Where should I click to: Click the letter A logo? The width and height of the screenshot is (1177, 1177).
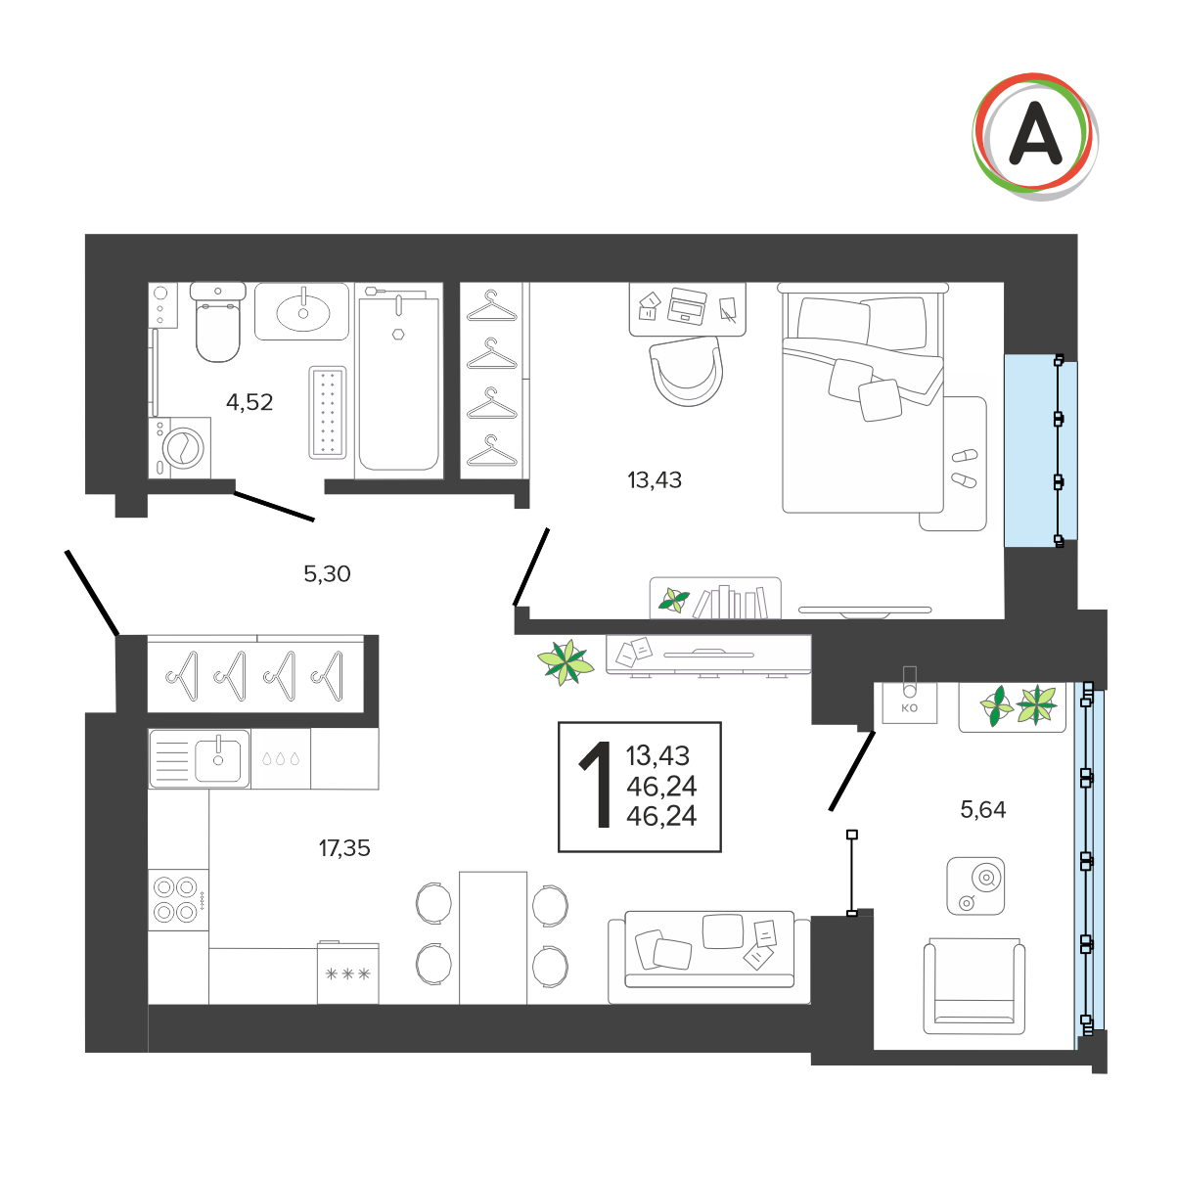pos(1034,136)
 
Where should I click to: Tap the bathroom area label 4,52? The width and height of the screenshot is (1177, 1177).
pos(249,402)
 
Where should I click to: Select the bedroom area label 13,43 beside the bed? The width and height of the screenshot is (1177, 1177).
pos(654,480)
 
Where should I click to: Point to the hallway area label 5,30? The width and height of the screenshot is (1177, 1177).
pos(327,573)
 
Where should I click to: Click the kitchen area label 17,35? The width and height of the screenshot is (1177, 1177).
pos(343,848)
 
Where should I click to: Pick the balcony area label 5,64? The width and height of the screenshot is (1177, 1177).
pos(982,809)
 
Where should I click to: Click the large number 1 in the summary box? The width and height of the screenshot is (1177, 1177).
pos(597,785)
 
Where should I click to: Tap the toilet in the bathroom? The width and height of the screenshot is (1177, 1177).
pos(217,322)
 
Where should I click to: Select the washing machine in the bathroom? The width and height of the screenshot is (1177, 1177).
pos(180,448)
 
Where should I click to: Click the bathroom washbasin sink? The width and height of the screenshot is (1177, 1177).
pos(302,312)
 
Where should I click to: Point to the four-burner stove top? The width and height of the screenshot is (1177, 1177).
pos(178,900)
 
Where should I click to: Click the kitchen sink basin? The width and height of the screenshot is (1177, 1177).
pos(217,758)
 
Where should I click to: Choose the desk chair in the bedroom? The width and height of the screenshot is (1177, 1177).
pos(687,372)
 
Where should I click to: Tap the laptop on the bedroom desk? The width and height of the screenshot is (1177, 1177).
pos(687,306)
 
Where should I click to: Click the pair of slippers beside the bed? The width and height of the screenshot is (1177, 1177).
pos(965,469)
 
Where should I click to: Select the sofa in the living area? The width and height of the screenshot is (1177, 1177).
pos(709,957)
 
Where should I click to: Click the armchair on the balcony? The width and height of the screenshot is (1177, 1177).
pos(974,986)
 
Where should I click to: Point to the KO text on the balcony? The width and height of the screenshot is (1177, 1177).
pos(910,708)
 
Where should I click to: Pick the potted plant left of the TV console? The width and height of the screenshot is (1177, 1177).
pos(565,662)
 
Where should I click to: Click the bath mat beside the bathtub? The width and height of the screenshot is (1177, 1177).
pos(328,412)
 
